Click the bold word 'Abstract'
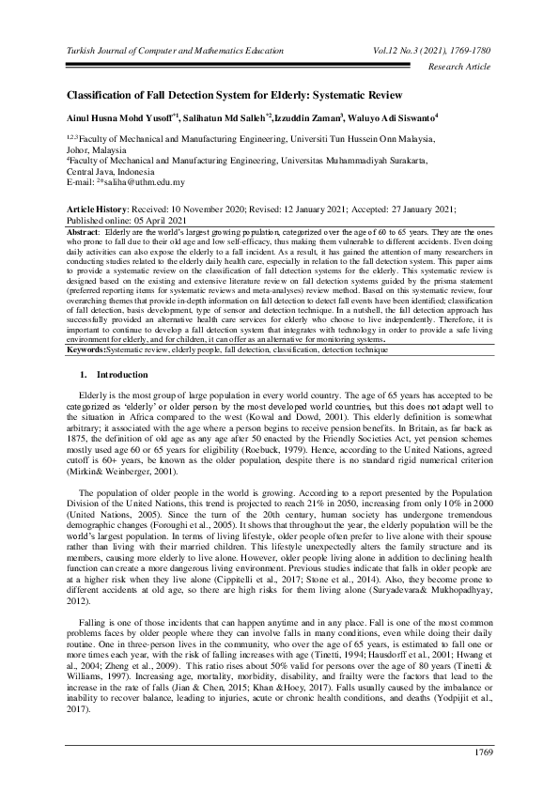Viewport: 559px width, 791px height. tap(87, 231)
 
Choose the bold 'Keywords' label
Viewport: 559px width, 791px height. tap(86, 322)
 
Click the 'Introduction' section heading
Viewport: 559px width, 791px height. tap(117, 348)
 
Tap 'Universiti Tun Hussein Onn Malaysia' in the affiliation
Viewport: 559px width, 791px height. tap(355, 136)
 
